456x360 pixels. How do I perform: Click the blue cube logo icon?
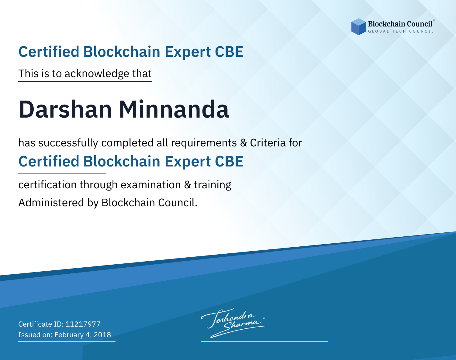coord(358,27)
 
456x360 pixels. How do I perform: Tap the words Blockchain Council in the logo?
coord(400,24)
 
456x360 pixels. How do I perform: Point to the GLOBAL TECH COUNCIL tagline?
coord(401,31)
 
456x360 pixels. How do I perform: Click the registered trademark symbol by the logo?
coord(434,20)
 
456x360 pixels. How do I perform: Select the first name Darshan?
coord(65,109)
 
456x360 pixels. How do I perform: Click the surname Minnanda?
coord(174,109)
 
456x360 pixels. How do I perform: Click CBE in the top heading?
coord(229,52)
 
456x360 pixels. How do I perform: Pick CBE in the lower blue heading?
coord(229,161)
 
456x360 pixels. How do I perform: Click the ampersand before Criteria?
coord(244,143)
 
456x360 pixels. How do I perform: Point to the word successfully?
coord(68,143)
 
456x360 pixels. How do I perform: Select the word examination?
coord(151,185)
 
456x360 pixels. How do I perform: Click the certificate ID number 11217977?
coord(83,324)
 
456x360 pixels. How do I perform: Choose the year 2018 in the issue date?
coord(102,335)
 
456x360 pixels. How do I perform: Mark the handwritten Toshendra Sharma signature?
coord(234,323)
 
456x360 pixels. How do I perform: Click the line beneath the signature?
coord(264,341)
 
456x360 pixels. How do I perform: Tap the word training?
coord(213,185)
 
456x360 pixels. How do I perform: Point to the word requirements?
coord(204,143)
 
